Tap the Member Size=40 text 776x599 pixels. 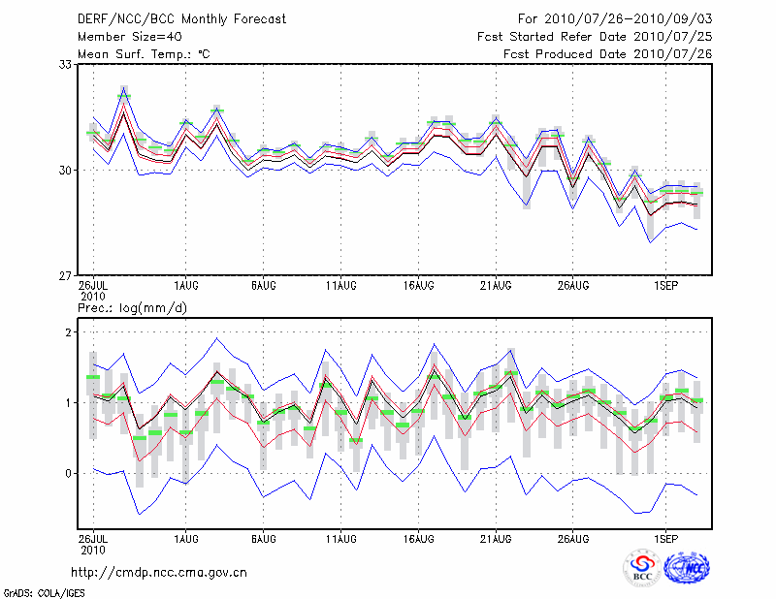126,37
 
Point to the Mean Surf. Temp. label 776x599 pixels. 144,54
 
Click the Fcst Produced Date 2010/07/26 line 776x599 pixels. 608,54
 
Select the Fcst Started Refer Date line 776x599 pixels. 596,37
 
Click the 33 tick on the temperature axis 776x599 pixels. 65,65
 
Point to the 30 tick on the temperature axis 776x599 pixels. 65,171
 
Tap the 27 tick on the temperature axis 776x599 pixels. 65,276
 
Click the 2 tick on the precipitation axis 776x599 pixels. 69,332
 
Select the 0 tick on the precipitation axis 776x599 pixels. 69,474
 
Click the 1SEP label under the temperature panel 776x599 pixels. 664,286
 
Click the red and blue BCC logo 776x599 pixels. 641,570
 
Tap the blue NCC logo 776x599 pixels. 687,568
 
